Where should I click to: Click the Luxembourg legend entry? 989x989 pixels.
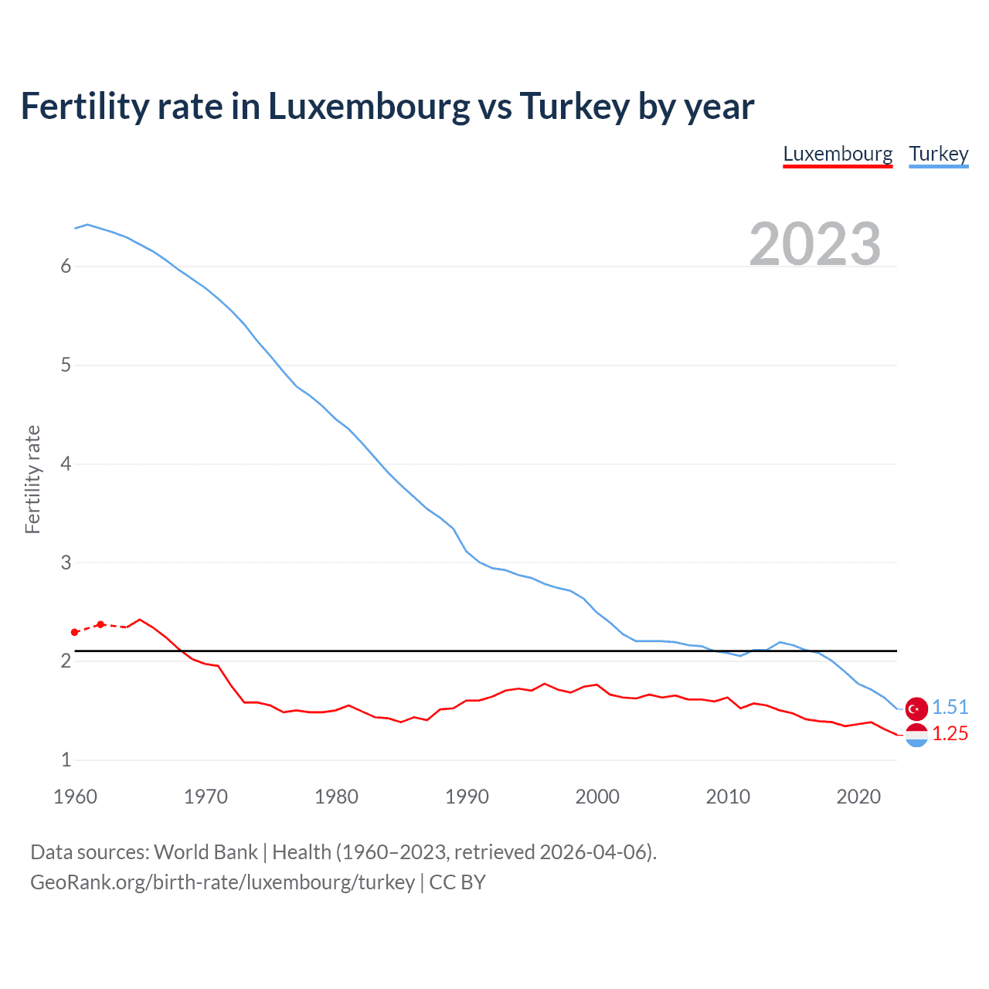[x=838, y=154]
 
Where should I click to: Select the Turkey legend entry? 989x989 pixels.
[x=938, y=154]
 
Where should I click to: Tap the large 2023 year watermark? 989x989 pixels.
[x=814, y=244]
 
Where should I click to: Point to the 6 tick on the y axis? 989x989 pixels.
[x=66, y=267]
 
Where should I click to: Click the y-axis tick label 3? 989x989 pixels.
[x=66, y=562]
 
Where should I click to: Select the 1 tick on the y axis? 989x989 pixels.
[x=66, y=760]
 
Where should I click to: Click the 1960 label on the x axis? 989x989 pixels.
[x=75, y=797]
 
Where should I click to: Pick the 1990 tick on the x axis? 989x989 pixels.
[x=467, y=797]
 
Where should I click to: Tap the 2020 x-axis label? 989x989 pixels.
[x=858, y=797]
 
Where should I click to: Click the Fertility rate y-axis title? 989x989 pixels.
[x=32, y=479]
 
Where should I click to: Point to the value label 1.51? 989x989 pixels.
[x=950, y=707]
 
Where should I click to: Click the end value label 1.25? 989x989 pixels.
[x=950, y=733]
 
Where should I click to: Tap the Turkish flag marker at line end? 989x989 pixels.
[x=916, y=708]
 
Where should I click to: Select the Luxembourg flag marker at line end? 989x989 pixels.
[x=916, y=735]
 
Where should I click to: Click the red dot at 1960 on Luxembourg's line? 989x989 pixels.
[x=75, y=632]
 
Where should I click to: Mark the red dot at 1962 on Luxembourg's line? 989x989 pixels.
[x=100, y=624]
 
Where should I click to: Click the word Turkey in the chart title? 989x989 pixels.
[x=574, y=107]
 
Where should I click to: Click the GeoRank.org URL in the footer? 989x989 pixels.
[x=223, y=882]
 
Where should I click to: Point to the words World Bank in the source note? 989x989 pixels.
[x=206, y=852]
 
